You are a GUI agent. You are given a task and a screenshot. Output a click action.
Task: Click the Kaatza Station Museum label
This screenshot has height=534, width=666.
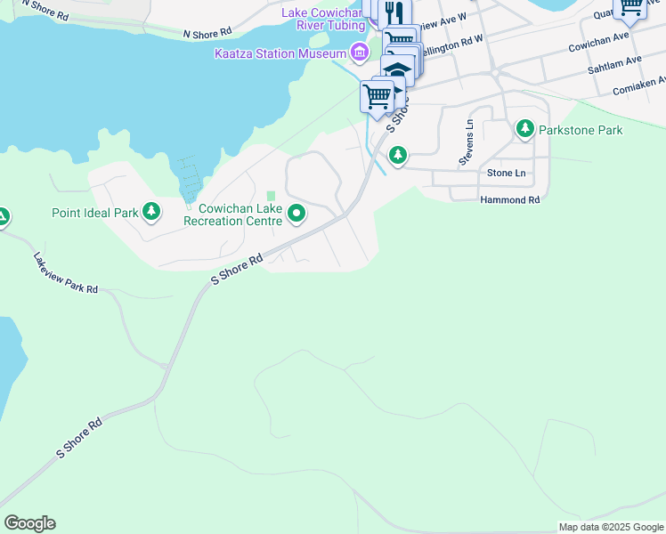[x=280, y=53]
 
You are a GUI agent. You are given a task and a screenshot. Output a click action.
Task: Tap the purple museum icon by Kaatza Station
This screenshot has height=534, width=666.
[x=359, y=53]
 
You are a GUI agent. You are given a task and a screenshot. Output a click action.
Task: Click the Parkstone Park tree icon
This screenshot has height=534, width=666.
[x=525, y=130]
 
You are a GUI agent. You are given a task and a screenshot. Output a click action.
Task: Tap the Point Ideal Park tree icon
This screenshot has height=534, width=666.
[x=152, y=212]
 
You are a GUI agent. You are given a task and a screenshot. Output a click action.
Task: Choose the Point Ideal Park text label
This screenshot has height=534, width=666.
[x=95, y=213]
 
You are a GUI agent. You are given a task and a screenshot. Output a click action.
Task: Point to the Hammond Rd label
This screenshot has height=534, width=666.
[x=510, y=200]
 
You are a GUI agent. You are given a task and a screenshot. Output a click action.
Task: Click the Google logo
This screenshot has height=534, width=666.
[x=29, y=523]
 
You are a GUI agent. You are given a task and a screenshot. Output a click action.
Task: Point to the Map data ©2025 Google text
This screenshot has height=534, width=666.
[x=611, y=527]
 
